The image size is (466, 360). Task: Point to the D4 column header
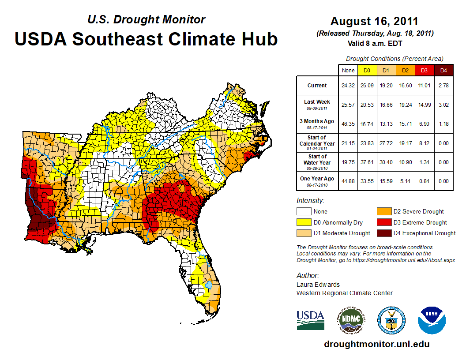click(443, 70)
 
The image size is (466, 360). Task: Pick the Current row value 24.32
click(348, 86)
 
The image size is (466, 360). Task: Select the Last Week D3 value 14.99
click(424, 104)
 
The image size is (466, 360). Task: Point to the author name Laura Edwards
click(318, 285)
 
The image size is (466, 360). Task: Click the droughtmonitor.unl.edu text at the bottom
click(376, 344)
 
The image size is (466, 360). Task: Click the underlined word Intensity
click(310, 201)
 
